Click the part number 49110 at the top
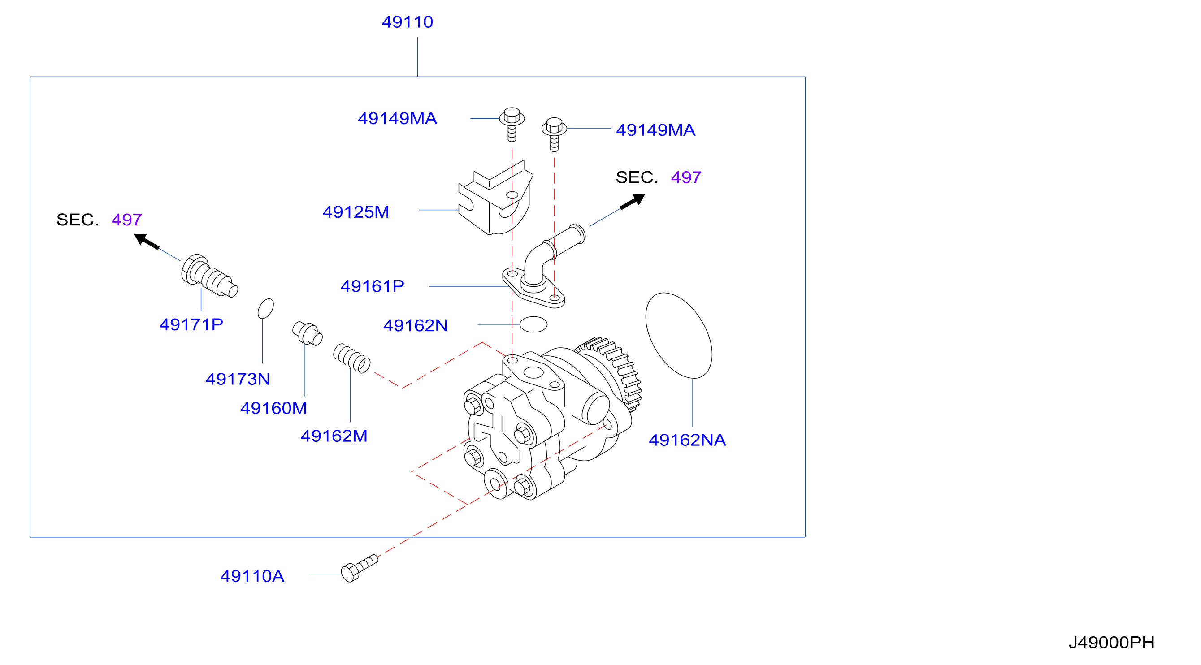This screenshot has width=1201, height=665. click(x=407, y=22)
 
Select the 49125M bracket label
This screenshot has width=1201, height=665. click(x=356, y=212)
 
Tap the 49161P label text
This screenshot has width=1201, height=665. click(x=372, y=286)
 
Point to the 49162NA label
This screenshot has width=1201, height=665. click(x=687, y=440)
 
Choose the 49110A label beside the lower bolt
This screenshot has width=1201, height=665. click(x=252, y=576)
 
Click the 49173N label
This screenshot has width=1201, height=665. click(x=238, y=379)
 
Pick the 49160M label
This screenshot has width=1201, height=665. click(x=273, y=408)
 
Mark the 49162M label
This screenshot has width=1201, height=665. click(x=334, y=436)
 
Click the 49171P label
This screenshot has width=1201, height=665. click(x=191, y=324)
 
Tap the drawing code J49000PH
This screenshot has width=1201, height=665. click(x=1111, y=643)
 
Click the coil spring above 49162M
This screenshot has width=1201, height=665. click(x=351, y=358)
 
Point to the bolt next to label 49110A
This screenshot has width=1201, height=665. click(x=359, y=569)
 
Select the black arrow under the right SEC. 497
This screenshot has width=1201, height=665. click(x=632, y=202)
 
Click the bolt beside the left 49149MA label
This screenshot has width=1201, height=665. click(x=512, y=125)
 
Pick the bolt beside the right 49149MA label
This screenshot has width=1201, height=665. click(x=554, y=134)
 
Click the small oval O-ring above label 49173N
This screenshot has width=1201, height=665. click(x=266, y=308)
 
